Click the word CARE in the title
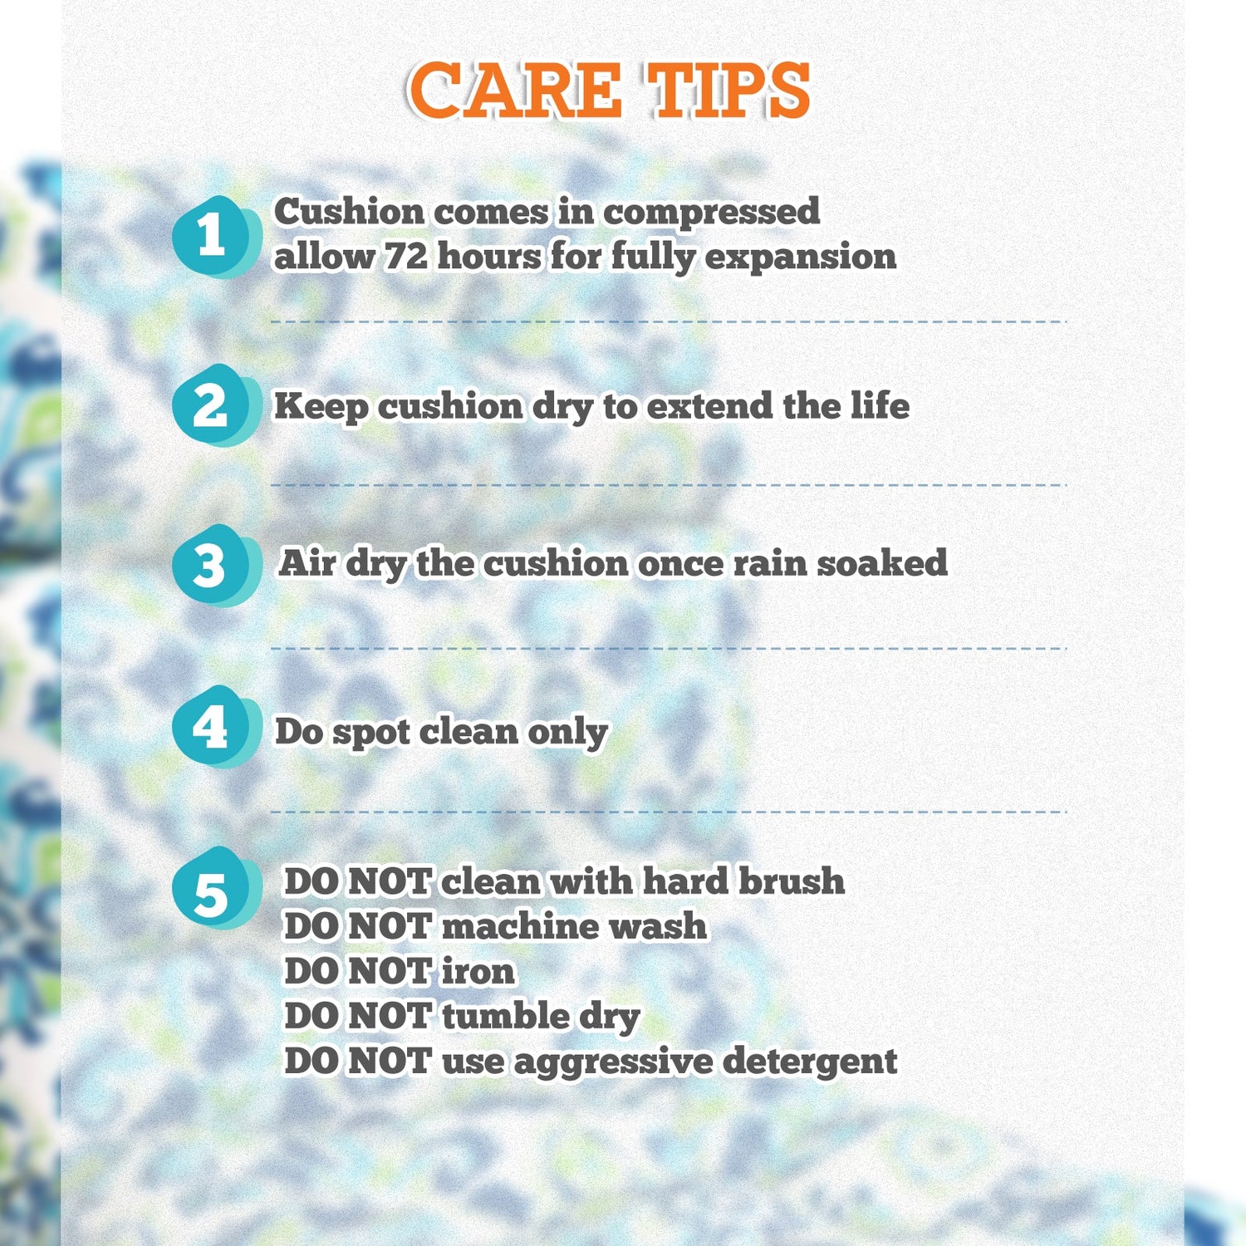514,91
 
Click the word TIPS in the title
728,91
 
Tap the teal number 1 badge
214,237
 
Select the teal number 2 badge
214,405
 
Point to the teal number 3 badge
214,566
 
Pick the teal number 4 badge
214,727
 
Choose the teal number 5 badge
214,888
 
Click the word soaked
882,562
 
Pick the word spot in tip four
372,733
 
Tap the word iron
478,971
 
